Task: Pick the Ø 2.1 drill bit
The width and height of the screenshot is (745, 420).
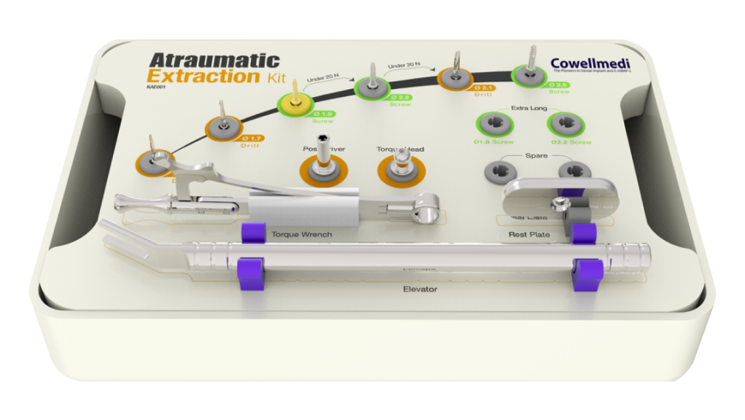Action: (x=454, y=78)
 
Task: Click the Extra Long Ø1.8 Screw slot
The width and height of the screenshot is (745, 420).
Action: (x=490, y=127)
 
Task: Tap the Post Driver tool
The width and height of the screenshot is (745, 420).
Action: (x=323, y=170)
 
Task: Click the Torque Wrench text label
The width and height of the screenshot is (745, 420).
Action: (x=301, y=234)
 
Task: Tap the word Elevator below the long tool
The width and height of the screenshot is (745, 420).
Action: (x=420, y=289)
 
